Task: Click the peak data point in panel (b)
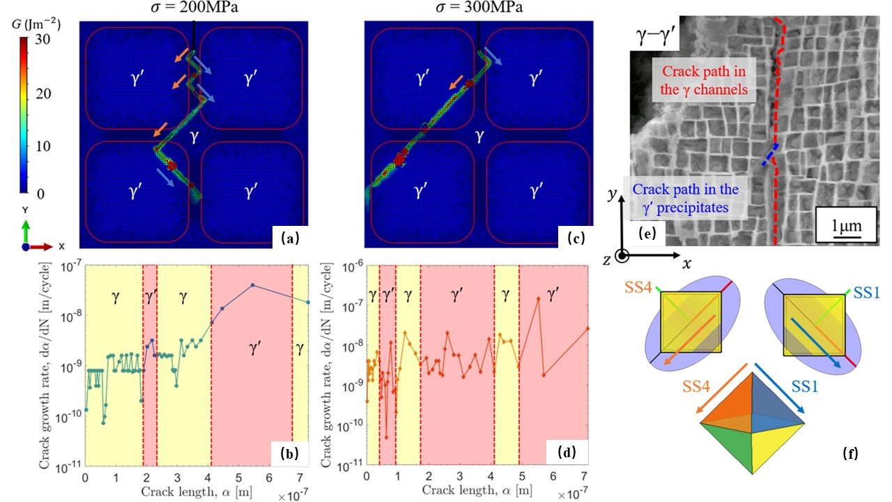point(253,284)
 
